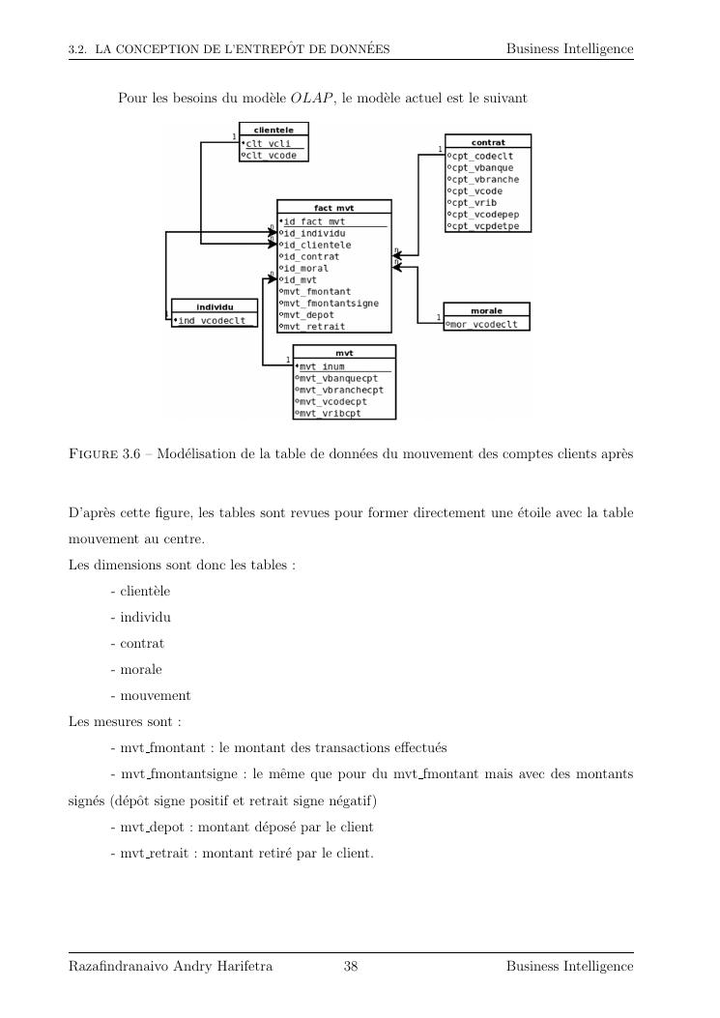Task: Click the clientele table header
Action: click(x=274, y=129)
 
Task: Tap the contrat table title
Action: click(x=487, y=141)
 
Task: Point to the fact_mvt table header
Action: click(x=334, y=208)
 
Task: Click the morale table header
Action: click(x=486, y=311)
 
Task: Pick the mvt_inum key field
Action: click(x=322, y=366)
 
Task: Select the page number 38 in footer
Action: click(x=351, y=966)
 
